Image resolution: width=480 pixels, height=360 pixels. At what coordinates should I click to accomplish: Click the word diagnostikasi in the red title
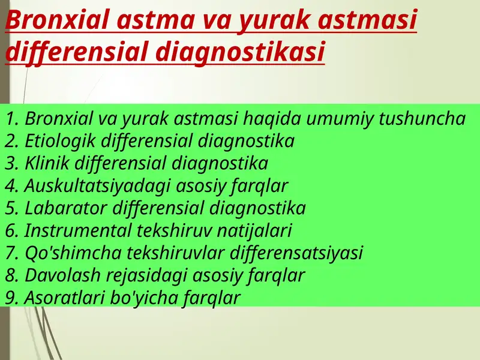[x=240, y=52]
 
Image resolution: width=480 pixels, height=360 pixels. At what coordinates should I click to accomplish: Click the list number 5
[x=12, y=208]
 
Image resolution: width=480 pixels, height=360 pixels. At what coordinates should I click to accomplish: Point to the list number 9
[x=12, y=298]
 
